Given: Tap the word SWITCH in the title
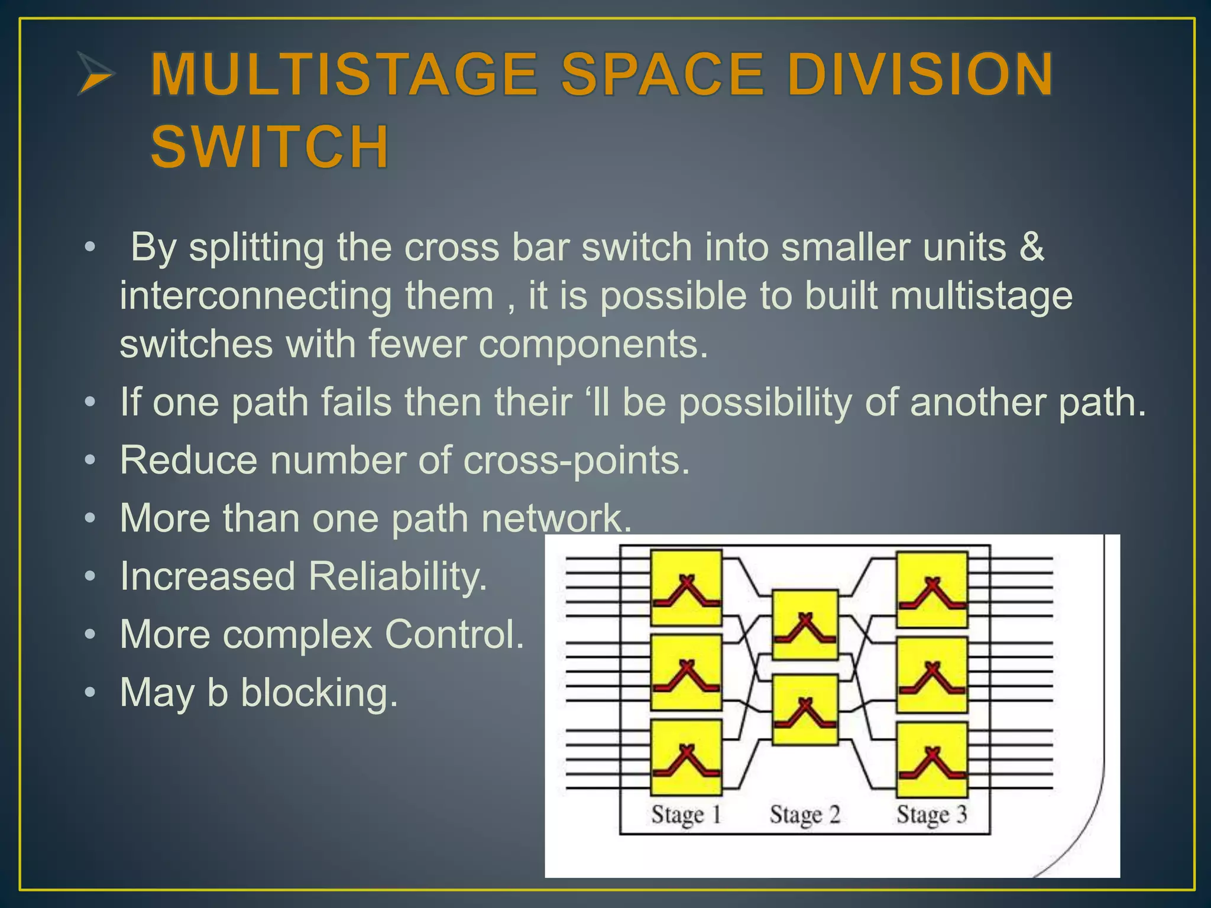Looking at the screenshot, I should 270,146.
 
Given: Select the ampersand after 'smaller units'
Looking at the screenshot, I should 1032,247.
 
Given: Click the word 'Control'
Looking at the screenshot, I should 454,634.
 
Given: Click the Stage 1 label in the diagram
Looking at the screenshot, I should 686,815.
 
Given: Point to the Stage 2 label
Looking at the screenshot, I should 805,815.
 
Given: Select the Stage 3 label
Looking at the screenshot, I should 931,815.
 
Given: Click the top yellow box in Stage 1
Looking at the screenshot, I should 686,588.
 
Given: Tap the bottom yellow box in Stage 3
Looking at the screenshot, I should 932,760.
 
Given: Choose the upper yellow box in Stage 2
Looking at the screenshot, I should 805,625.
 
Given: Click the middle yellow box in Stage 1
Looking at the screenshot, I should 686,673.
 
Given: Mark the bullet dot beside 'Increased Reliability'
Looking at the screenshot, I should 89,576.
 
